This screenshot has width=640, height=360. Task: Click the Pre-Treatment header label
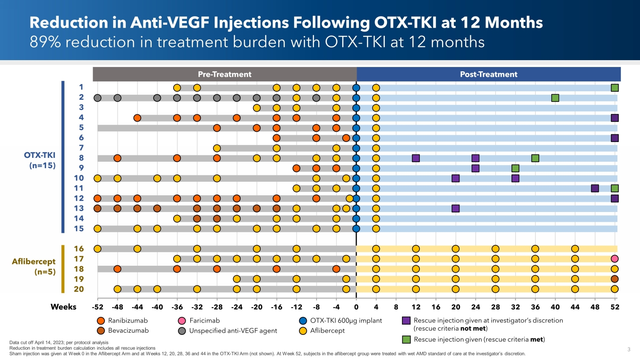point(224,74)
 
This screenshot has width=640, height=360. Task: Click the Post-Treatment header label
point(489,74)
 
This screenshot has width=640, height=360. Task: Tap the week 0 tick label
point(356,307)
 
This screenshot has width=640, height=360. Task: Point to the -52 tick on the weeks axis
point(98,307)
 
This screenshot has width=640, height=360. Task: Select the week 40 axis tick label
point(555,307)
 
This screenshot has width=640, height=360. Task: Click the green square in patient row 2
point(555,98)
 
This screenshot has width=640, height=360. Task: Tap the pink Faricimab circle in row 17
point(614,259)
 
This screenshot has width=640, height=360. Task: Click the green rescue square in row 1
point(614,88)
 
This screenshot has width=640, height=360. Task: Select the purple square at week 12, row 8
point(416,158)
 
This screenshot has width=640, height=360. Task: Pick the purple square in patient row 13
point(456,209)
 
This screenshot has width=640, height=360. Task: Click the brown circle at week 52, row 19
point(614,279)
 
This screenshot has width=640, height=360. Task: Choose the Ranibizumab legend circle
point(101,321)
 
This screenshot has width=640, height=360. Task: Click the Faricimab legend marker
point(182,321)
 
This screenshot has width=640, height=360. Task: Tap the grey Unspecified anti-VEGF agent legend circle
point(182,331)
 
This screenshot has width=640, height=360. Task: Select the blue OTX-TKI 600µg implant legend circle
point(303,321)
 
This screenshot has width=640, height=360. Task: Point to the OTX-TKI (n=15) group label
point(40,160)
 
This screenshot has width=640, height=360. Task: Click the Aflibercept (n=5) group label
point(34,267)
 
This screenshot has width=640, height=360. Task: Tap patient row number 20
point(79,289)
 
